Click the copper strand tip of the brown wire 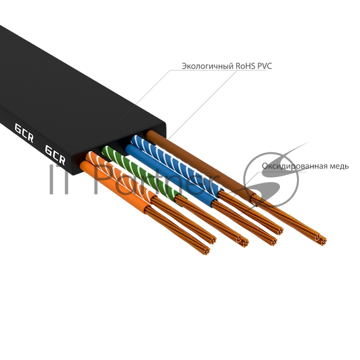(321, 239)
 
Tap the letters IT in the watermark (61, 180)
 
